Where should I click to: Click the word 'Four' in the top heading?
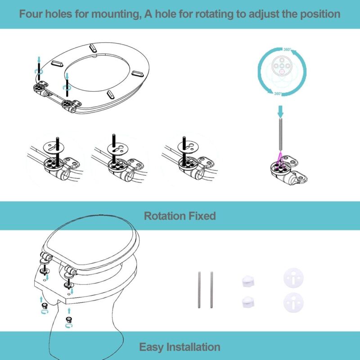[31, 14]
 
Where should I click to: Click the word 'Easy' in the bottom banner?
[152, 347]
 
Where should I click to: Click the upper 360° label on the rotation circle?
[287, 49]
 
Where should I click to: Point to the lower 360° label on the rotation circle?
[278, 94]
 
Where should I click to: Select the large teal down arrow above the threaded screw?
[280, 110]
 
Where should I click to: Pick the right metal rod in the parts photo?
[211, 290]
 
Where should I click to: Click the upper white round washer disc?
[291, 278]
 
